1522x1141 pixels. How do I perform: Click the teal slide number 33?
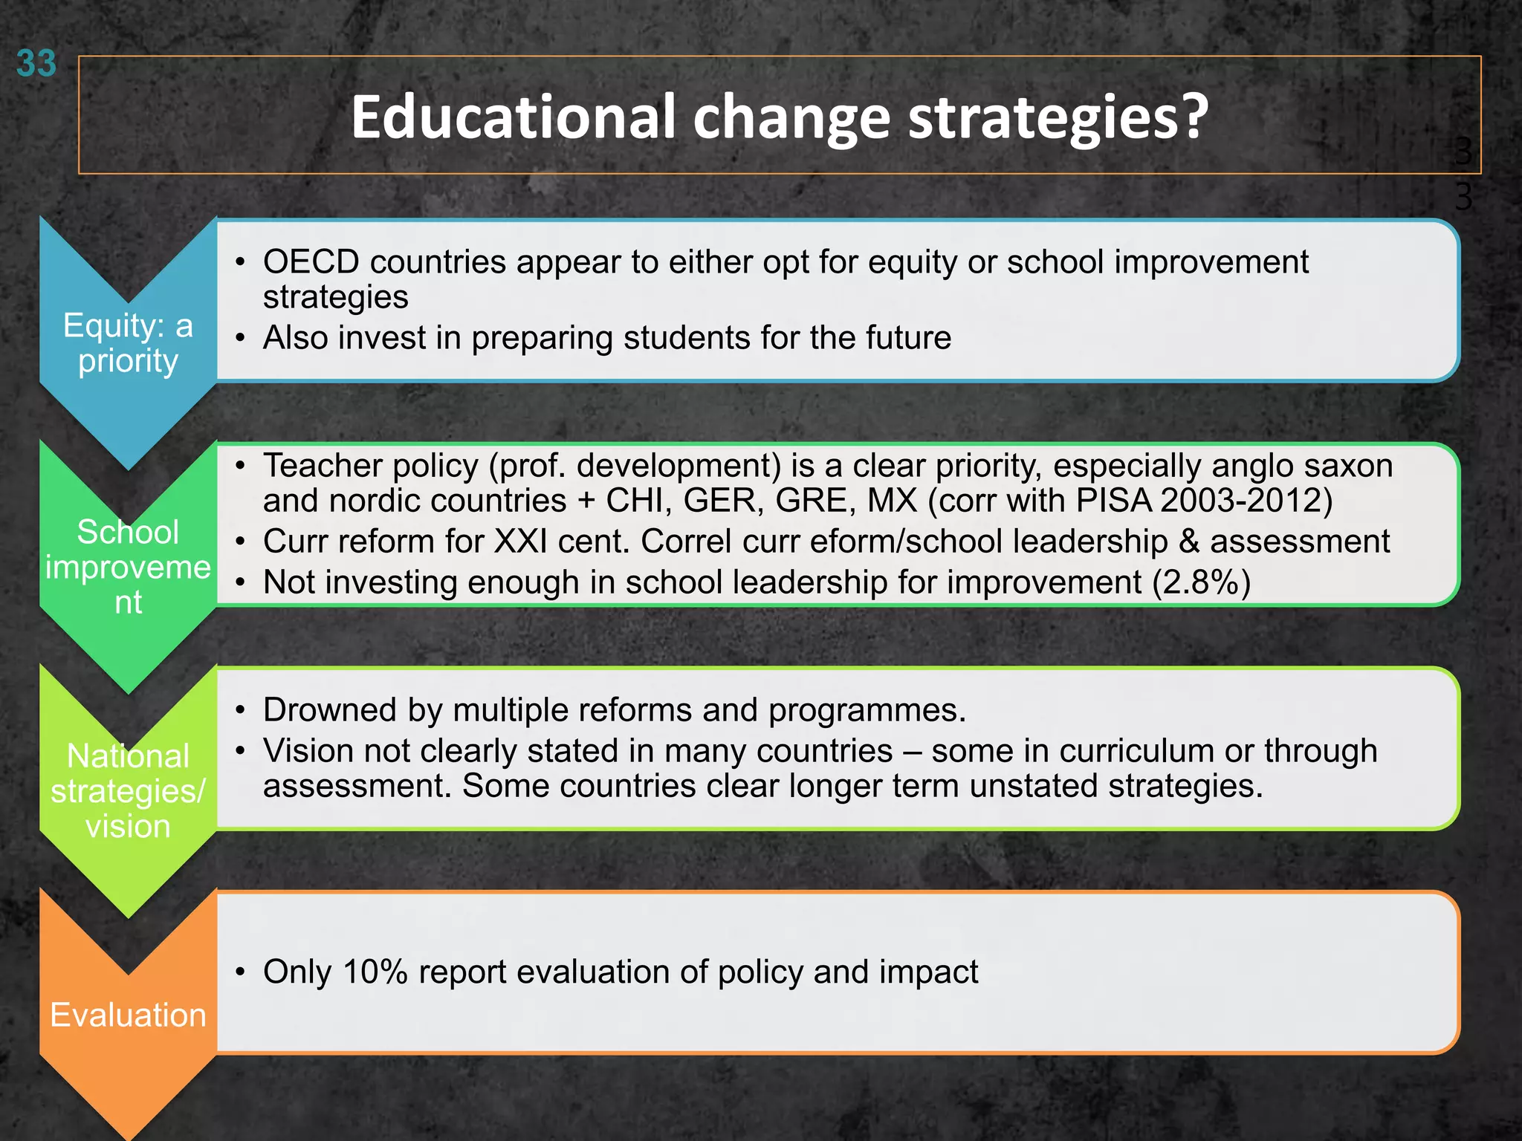click(x=36, y=64)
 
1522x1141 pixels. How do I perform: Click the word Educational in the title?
click(x=513, y=117)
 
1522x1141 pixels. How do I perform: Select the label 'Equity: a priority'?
click(x=128, y=343)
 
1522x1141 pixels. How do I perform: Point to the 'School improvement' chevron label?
click(x=128, y=567)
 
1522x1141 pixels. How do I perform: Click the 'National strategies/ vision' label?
click(x=128, y=791)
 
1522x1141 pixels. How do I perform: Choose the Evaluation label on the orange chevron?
click(x=128, y=1015)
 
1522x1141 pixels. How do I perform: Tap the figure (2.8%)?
click(x=1201, y=582)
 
